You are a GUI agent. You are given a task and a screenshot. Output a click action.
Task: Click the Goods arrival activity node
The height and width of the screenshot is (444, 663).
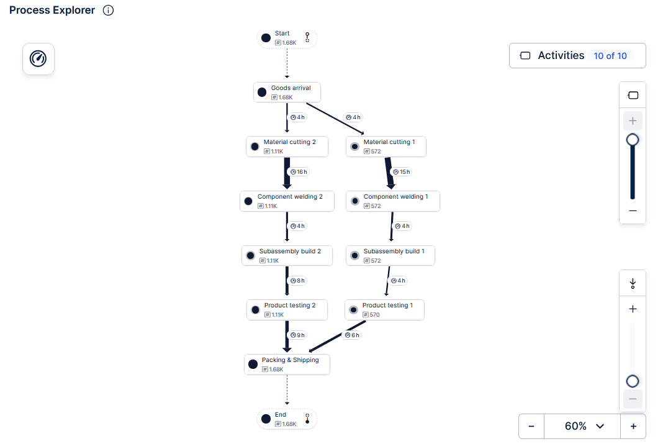point(287,92)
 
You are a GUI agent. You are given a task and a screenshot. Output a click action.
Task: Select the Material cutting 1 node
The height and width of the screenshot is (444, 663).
point(386,147)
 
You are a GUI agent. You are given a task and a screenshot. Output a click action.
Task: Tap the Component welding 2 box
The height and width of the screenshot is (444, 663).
point(287,201)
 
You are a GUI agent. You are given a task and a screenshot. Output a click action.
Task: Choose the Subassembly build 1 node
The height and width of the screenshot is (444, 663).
point(390,255)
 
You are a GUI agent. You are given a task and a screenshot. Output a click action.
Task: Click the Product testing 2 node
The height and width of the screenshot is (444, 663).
point(287,310)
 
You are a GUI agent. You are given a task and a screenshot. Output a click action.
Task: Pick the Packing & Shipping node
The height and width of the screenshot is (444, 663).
point(287,364)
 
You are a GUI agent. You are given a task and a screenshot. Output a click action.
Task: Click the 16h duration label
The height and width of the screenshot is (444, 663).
point(299,171)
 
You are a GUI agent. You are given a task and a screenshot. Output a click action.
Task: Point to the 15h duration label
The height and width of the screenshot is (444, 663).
point(402,171)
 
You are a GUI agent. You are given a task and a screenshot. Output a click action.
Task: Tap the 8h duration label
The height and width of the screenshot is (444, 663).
point(298,280)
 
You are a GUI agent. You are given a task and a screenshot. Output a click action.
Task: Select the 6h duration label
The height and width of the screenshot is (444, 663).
point(352,335)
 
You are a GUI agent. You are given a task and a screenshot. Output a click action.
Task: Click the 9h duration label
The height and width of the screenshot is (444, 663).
point(298,335)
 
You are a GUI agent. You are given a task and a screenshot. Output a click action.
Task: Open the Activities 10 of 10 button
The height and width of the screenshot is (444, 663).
point(577,55)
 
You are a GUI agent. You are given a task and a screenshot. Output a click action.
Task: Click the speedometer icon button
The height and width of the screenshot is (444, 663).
point(38,59)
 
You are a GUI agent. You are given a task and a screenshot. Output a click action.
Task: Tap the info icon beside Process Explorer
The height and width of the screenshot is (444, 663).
point(108,10)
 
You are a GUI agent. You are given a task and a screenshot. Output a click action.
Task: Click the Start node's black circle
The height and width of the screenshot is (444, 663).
point(266,38)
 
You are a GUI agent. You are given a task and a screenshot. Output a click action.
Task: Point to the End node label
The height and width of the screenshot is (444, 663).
point(281,414)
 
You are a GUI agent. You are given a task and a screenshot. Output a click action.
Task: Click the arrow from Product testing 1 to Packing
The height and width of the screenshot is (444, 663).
point(337,336)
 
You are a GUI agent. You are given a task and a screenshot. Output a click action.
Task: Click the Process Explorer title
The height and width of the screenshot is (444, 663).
point(52,10)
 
